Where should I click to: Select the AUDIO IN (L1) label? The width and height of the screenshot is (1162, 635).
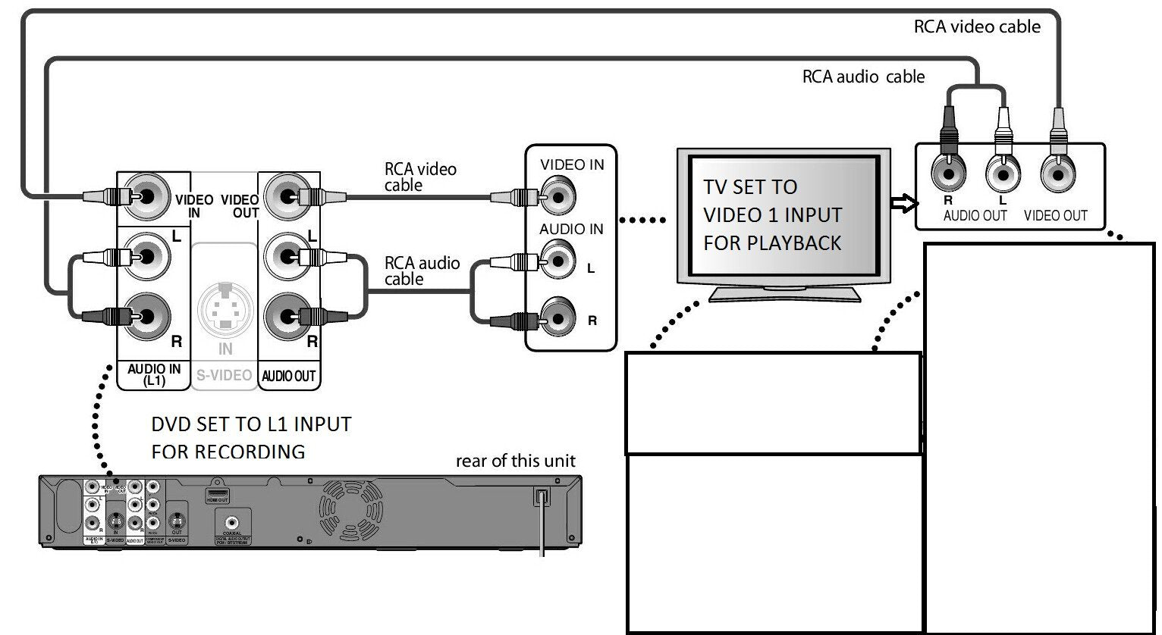coord(154,374)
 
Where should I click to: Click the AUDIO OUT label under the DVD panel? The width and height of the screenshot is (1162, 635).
coord(288,376)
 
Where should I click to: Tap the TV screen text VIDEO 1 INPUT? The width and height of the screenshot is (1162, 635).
coord(772,215)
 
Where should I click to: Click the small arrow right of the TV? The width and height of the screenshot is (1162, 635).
coord(903,203)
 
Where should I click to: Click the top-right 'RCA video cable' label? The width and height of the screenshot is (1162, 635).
coord(977,27)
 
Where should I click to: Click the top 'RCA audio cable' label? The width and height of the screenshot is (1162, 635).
coord(863,77)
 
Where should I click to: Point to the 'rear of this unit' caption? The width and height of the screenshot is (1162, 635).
coord(515,461)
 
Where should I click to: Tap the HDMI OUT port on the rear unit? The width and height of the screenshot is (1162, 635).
coord(218,496)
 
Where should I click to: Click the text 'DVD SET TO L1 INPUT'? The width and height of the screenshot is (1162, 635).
coord(251,424)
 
